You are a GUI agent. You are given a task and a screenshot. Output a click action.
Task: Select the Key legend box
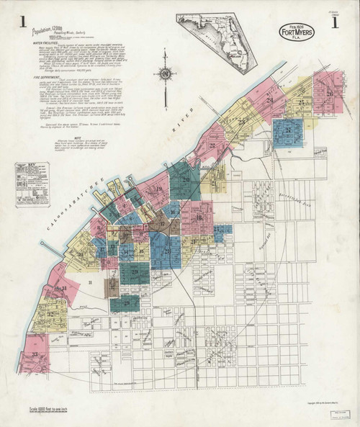click(32, 184)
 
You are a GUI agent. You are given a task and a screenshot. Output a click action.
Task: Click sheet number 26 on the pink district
click(328, 94)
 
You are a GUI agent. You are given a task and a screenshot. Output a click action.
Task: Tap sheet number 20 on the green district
click(186, 179)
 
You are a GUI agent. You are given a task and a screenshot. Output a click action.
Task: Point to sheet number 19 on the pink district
click(159, 191)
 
